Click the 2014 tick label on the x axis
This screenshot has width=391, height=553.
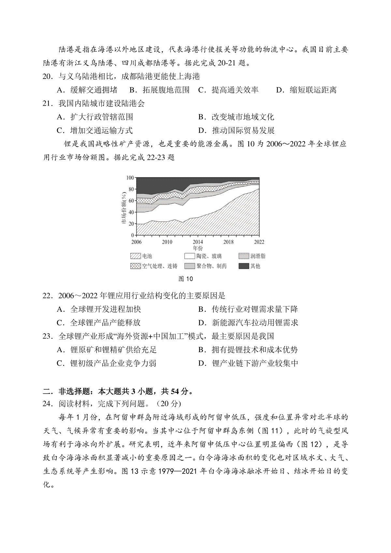pos(198,242)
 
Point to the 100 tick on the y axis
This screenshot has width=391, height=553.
pos(130,178)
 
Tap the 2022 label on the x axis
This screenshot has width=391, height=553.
pos(259,242)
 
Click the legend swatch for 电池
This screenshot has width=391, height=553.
pos(136,256)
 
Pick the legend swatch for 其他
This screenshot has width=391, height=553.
pos(244,266)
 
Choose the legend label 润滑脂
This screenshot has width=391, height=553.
pos(258,256)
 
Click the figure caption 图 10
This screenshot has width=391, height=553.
pos(186,279)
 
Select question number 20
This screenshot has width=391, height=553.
pos(48,77)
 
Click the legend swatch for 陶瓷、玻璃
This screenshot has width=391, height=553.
pos(190,256)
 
